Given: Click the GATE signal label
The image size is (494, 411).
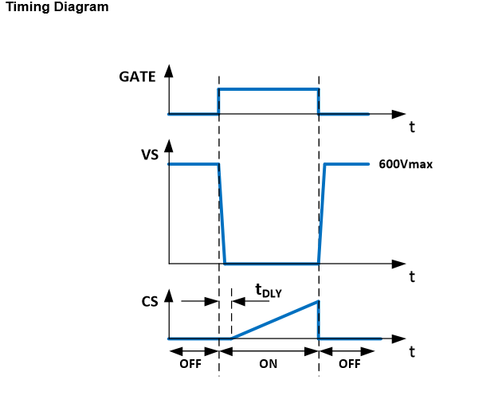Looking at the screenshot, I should pos(137,77).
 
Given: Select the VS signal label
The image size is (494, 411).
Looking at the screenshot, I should pos(149,155).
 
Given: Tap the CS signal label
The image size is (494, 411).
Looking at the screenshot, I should pos(149,302).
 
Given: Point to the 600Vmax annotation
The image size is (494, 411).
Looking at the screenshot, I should pos(405,165).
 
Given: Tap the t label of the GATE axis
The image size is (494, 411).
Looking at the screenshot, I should pos(412,127).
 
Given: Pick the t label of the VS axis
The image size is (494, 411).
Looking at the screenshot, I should pos(412,276).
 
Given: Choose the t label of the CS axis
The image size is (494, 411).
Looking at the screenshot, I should pos(412,351).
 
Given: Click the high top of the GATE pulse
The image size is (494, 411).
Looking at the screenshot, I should pos(269,88).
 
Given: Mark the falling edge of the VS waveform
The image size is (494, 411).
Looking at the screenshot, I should pos(222,213).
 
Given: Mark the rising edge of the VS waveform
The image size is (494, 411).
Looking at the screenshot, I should pos(322,213).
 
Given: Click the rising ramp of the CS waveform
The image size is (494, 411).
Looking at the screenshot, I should pos(275,320).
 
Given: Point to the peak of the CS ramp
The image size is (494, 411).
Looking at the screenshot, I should pos(318,301).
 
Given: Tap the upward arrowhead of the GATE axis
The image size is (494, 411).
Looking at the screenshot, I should pos(168,69).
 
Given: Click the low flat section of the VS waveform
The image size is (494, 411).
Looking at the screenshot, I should pos(271,263).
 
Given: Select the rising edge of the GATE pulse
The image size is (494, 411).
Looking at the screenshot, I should pos(219,101).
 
